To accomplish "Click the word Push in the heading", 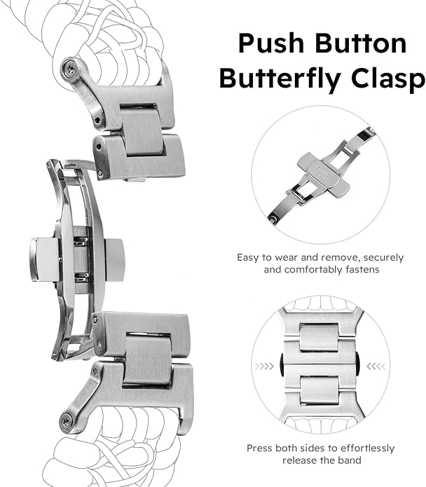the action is (271, 44).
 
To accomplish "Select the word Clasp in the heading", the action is (388, 79).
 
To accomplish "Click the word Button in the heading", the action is (361, 43).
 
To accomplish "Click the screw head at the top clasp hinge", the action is (69, 67).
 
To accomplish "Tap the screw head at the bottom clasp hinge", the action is (67, 421).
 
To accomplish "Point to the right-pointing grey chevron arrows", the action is (264, 366).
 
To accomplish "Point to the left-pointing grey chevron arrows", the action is (376, 366).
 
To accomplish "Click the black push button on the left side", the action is (282, 364).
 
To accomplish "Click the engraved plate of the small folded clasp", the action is (323, 175).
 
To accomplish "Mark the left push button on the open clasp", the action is (44, 260).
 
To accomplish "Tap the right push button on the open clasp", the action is (114, 260).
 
